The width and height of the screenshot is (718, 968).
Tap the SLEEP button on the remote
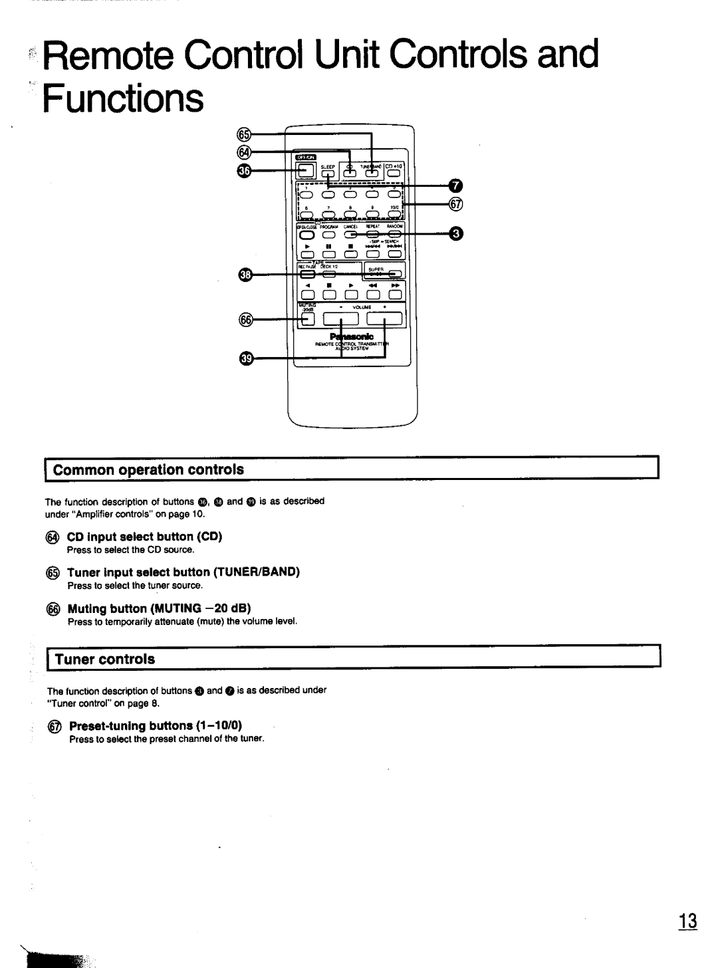click(x=328, y=175)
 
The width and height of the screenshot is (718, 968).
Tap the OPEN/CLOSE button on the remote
click(x=306, y=235)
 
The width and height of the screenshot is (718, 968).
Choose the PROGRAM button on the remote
click(x=328, y=235)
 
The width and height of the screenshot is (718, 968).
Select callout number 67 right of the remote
click(x=455, y=205)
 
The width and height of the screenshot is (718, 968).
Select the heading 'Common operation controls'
click(x=148, y=470)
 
